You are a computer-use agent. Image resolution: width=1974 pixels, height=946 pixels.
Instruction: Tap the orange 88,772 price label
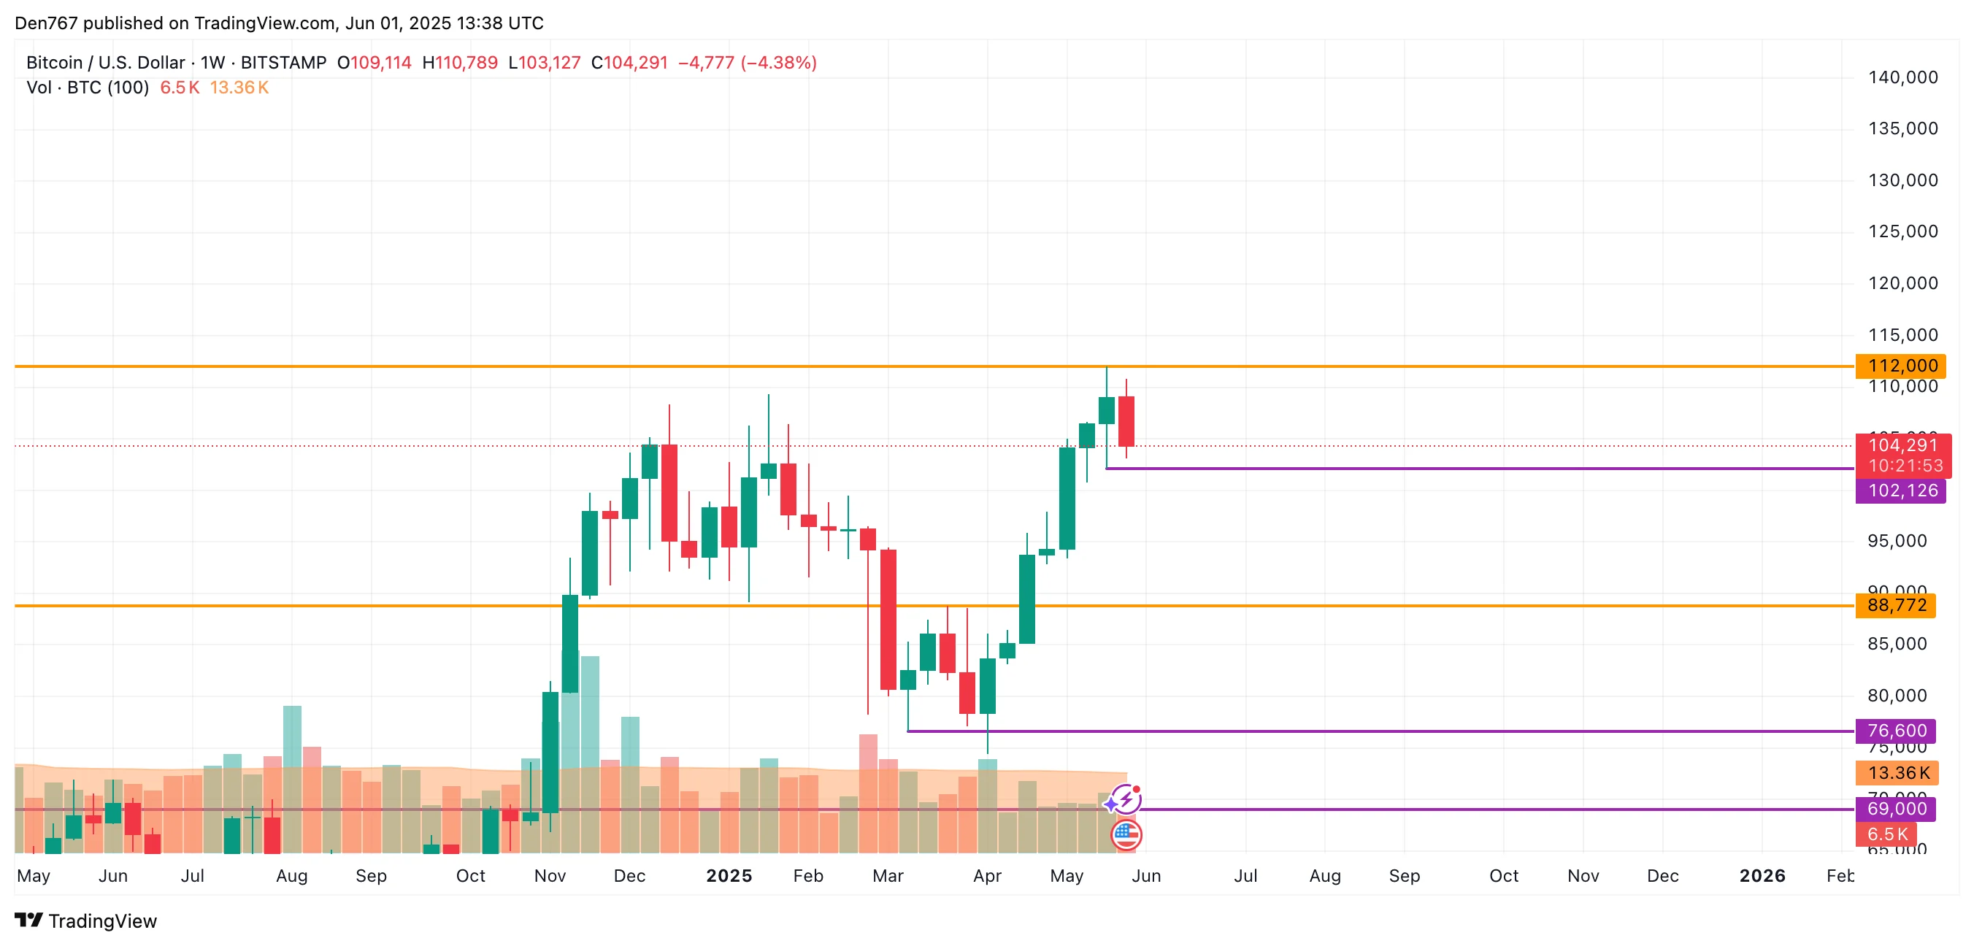tap(1895, 606)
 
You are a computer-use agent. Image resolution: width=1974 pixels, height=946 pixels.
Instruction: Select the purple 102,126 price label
tap(1900, 491)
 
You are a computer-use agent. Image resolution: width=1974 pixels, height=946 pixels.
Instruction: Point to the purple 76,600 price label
tap(1895, 731)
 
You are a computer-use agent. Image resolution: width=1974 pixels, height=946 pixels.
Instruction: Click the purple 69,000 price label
tap(1895, 809)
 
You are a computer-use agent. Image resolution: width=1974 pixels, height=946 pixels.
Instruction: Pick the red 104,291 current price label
tap(1902, 446)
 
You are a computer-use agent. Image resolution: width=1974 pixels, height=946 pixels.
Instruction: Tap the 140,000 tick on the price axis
tap(1902, 77)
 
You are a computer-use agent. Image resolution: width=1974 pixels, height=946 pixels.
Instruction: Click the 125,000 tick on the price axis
tap(1902, 231)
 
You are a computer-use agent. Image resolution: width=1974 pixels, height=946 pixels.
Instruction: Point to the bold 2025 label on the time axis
tap(729, 875)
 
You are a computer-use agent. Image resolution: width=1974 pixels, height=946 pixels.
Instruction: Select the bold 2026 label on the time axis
tap(1762, 875)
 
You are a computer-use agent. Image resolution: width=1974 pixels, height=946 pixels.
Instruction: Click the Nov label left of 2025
tap(550, 875)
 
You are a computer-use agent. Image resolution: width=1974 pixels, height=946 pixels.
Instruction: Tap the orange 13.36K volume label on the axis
tap(1897, 773)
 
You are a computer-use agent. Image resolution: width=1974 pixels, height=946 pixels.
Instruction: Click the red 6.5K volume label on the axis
tap(1886, 834)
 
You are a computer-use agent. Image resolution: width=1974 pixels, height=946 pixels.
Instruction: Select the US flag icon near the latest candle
tap(1126, 835)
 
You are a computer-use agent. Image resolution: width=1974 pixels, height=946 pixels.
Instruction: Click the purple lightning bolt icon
tap(1125, 801)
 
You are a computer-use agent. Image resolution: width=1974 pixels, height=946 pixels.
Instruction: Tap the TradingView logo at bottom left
tap(86, 920)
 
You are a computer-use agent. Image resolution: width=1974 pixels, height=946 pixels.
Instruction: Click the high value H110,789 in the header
tap(460, 63)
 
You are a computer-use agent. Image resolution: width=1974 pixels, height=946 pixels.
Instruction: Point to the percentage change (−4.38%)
tap(777, 63)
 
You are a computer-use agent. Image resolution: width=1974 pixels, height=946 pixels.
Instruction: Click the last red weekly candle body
tap(1126, 421)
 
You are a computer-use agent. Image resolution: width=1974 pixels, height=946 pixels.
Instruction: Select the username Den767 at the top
tap(46, 23)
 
